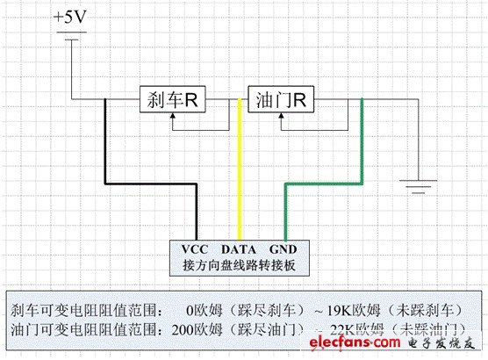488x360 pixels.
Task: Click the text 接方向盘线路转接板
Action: tap(240, 263)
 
